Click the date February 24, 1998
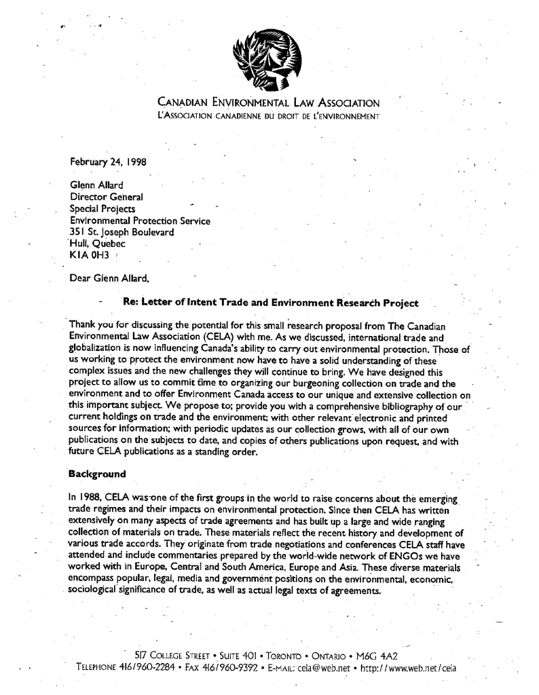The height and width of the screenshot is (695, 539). (x=109, y=162)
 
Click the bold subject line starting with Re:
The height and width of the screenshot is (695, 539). (x=270, y=302)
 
